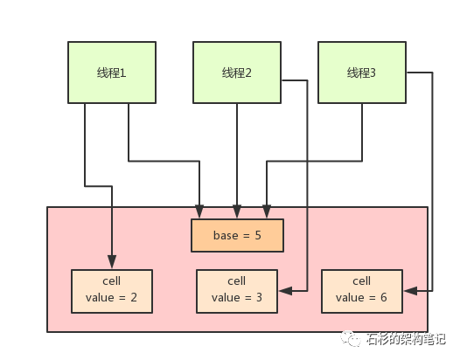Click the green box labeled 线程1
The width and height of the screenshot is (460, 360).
tap(112, 73)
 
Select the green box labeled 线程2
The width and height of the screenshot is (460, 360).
tap(237, 73)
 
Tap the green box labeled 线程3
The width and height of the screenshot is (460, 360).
tap(362, 73)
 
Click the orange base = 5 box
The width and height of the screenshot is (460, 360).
tap(237, 235)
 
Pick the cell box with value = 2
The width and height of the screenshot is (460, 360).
tap(112, 291)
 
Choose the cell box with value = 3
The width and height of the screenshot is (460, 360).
tap(237, 291)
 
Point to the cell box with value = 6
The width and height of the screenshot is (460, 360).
tap(362, 291)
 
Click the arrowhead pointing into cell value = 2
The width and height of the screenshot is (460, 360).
tap(112, 261)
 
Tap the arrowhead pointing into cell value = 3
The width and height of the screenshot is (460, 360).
tap(285, 291)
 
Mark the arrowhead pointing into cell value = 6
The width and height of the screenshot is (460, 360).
tap(410, 291)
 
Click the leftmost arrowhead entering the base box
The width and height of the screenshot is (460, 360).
tap(199, 211)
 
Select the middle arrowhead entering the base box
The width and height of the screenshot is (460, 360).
tap(237, 211)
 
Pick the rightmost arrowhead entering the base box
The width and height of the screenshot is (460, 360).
tap(267, 211)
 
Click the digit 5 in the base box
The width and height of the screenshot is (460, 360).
tap(258, 235)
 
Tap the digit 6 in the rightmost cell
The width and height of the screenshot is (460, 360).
tap(383, 298)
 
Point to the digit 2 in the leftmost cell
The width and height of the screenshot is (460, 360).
tap(134, 298)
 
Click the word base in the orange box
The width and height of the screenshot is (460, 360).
tap(226, 235)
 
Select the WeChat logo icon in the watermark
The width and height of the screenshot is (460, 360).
tap(351, 339)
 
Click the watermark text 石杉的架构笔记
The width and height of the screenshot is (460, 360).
tap(406, 339)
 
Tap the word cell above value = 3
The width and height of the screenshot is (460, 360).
tap(236, 280)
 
